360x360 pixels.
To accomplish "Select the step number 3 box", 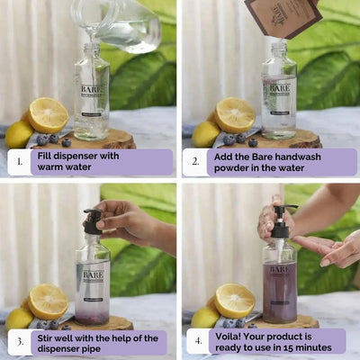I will [x=18, y=343].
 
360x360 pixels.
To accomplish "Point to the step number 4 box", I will [x=198, y=342].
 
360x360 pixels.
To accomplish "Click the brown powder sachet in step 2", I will [x=281, y=16].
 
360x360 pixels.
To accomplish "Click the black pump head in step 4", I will [x=281, y=216].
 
